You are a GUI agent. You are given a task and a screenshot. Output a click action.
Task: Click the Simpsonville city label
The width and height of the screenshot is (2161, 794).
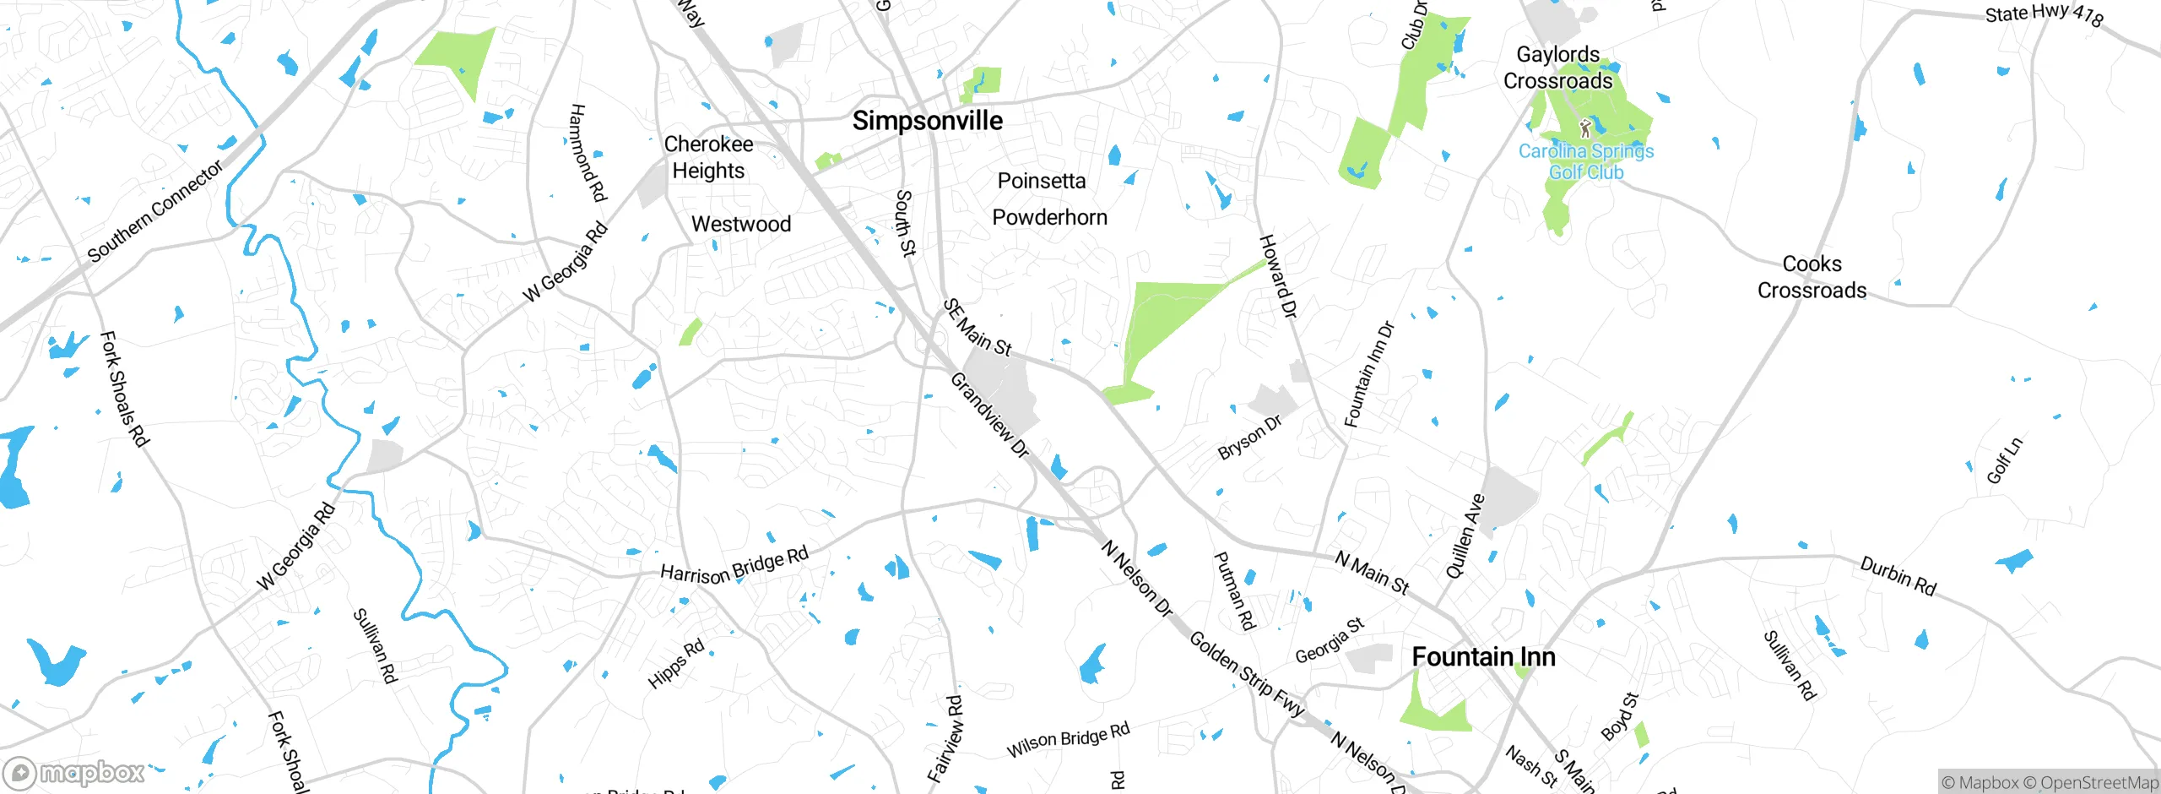(927, 121)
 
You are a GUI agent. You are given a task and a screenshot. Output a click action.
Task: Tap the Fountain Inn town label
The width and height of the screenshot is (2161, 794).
(1483, 656)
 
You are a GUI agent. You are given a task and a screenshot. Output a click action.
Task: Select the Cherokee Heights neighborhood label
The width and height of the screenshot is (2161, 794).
(708, 157)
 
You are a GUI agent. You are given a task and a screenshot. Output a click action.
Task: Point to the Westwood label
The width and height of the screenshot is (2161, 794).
(740, 224)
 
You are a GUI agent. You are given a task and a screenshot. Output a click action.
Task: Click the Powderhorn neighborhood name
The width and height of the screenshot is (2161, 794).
(1049, 217)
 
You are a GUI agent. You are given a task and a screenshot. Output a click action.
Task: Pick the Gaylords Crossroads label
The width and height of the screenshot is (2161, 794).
(1557, 68)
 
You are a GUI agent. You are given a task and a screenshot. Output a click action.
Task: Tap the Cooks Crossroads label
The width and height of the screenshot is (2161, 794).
(1812, 277)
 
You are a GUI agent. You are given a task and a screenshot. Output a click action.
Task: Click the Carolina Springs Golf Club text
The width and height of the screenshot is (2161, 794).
(1585, 161)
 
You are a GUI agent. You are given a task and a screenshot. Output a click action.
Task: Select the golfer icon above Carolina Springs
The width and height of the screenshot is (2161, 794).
(1584, 128)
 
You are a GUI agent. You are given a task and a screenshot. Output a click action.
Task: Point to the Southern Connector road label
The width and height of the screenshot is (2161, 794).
(155, 211)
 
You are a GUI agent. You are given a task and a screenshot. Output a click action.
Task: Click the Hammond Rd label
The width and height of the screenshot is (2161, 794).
(588, 153)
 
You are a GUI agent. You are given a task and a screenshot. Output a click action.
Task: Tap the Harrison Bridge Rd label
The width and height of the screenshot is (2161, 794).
(734, 566)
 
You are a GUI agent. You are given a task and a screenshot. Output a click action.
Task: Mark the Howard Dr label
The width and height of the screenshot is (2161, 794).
(1276, 276)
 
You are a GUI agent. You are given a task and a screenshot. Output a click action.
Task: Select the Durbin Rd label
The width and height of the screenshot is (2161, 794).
(1898, 576)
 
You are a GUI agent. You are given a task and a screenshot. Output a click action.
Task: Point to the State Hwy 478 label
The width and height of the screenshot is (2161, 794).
(2043, 14)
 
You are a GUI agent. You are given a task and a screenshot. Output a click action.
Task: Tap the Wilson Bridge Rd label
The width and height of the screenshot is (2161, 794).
(1067, 740)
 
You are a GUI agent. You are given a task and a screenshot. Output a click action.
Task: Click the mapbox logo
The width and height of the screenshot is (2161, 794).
(74, 772)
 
